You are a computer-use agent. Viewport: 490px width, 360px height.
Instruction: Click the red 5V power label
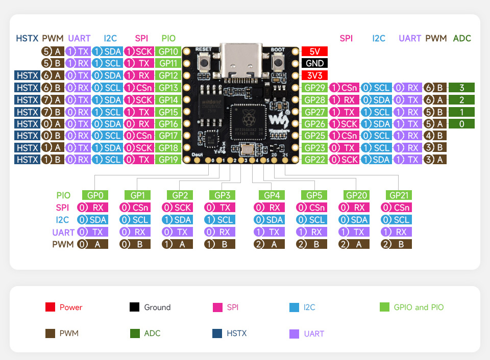tap(314, 52)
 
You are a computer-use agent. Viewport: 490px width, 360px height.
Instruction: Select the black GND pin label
tap(314, 63)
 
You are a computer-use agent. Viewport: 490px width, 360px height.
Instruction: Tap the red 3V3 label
tap(314, 75)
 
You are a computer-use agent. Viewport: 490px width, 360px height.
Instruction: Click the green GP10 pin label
tap(168, 52)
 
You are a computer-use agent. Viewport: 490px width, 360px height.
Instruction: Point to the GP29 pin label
tap(315, 88)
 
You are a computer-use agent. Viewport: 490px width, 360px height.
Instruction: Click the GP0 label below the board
tap(95, 195)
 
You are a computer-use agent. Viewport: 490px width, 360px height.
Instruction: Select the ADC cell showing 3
tap(461, 88)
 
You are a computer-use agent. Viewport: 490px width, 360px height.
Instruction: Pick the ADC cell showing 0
tap(461, 124)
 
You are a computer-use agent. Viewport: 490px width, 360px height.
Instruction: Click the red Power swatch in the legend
tap(50, 307)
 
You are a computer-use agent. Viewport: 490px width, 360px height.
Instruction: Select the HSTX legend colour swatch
tap(217, 333)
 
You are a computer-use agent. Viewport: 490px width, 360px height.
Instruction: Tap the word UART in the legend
tap(313, 334)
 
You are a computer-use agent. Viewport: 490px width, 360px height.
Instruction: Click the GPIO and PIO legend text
tap(419, 307)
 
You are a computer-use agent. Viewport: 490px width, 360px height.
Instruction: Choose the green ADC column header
tap(462, 38)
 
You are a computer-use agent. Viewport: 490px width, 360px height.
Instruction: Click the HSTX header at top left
tap(27, 38)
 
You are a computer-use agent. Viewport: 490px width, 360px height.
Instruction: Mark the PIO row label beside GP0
tap(64, 195)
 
